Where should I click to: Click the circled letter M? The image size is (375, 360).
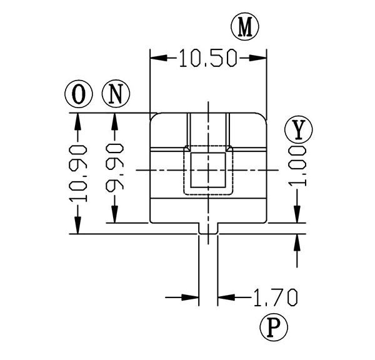(245, 27)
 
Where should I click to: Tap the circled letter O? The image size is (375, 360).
(77, 94)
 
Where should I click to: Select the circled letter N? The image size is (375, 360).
(114, 94)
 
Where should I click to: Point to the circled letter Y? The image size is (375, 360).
(298, 129)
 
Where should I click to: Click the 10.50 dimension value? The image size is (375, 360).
(208, 59)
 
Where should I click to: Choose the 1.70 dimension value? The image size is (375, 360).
(274, 296)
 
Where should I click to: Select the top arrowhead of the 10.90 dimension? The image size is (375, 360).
(77, 120)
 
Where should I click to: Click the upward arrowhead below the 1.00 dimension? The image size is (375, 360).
(298, 243)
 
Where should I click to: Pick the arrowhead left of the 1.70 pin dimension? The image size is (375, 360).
(191, 296)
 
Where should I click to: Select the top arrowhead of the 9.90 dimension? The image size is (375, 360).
(114, 120)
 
